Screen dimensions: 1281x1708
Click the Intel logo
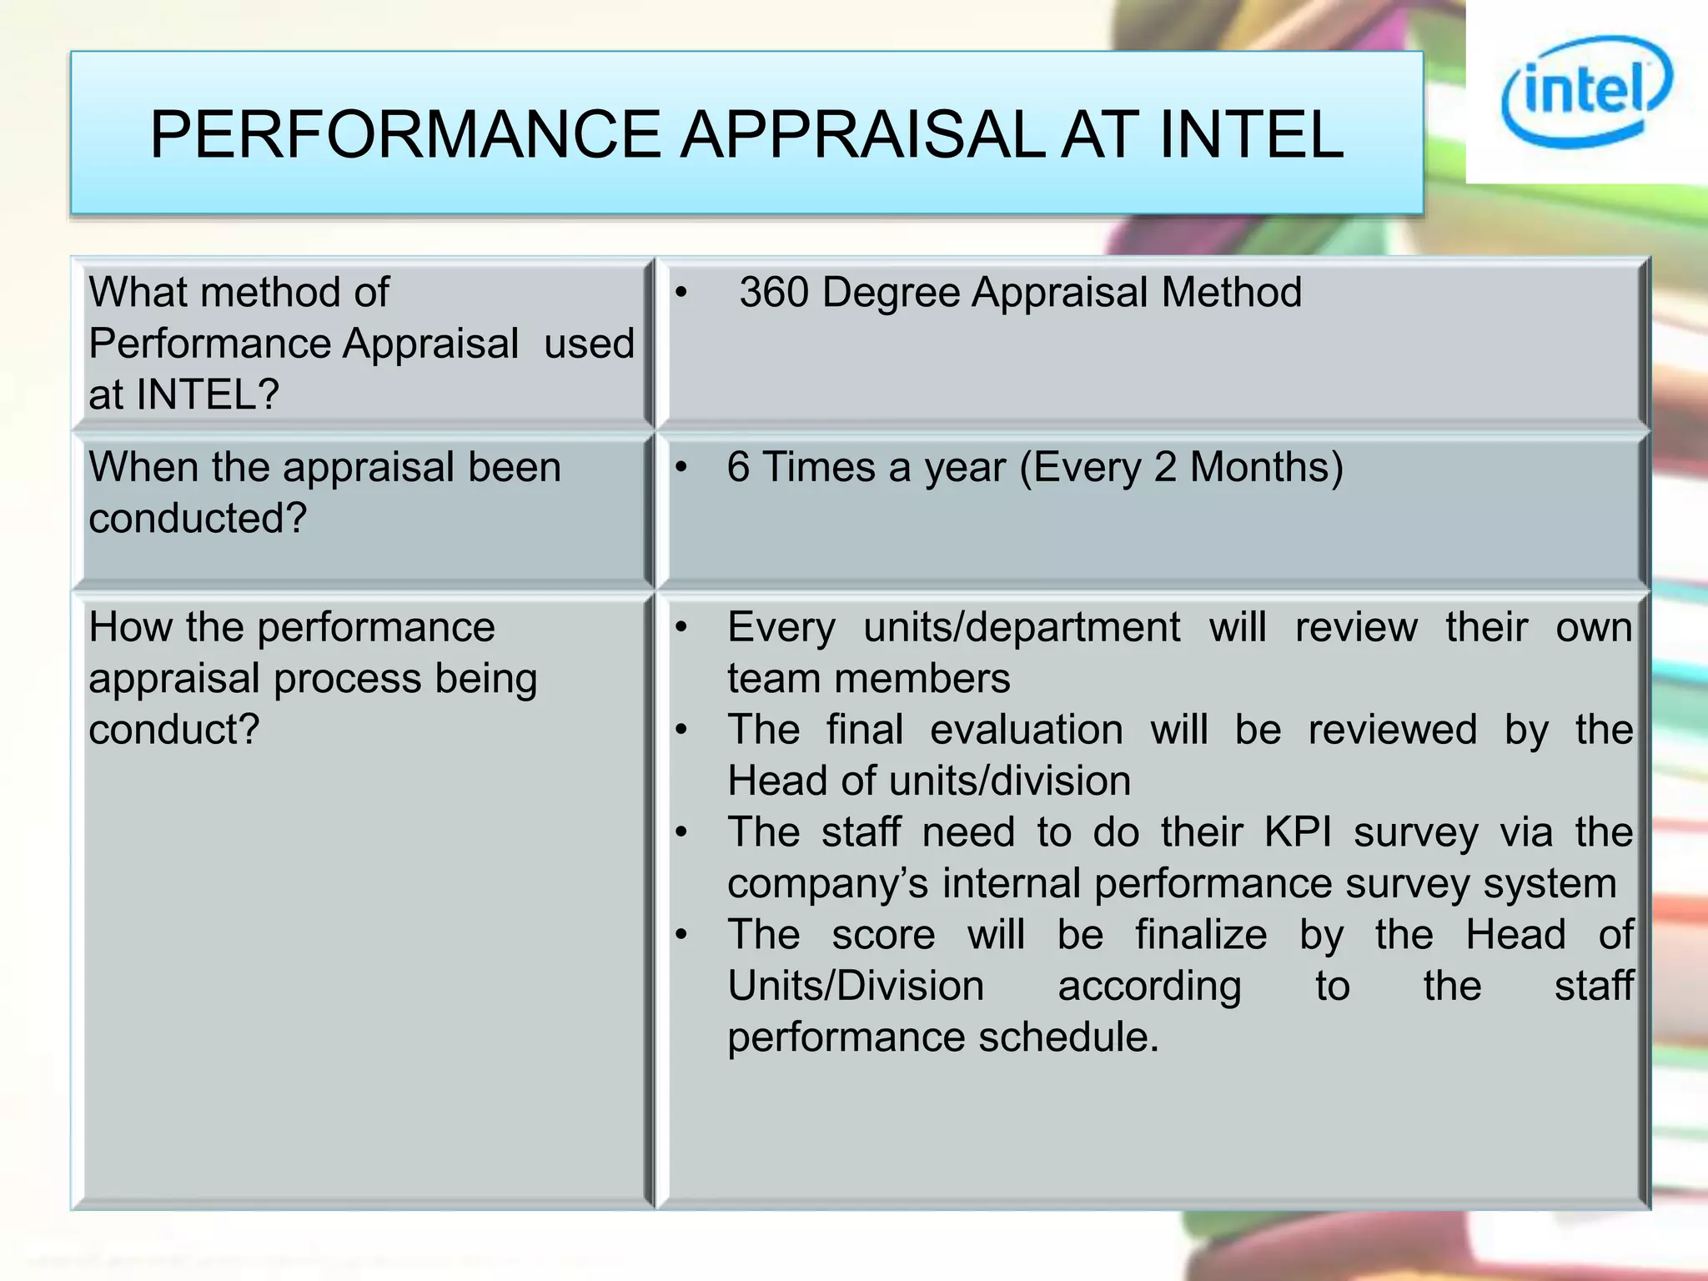(1585, 91)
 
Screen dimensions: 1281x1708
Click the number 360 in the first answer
(774, 293)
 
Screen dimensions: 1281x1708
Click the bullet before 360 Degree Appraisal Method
(681, 294)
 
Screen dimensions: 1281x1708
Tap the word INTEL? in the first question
(207, 394)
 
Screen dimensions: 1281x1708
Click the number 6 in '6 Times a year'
(737, 467)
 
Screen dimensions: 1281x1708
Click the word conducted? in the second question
(198, 519)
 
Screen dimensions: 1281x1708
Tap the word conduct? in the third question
(174, 730)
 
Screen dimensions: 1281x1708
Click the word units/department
(1021, 627)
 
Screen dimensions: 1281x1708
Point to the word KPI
(1298, 832)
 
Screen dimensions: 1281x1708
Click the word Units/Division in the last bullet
(855, 987)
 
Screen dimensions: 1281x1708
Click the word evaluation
(1026, 730)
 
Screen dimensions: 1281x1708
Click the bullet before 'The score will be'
(681, 935)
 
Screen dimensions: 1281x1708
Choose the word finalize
(1201, 935)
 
